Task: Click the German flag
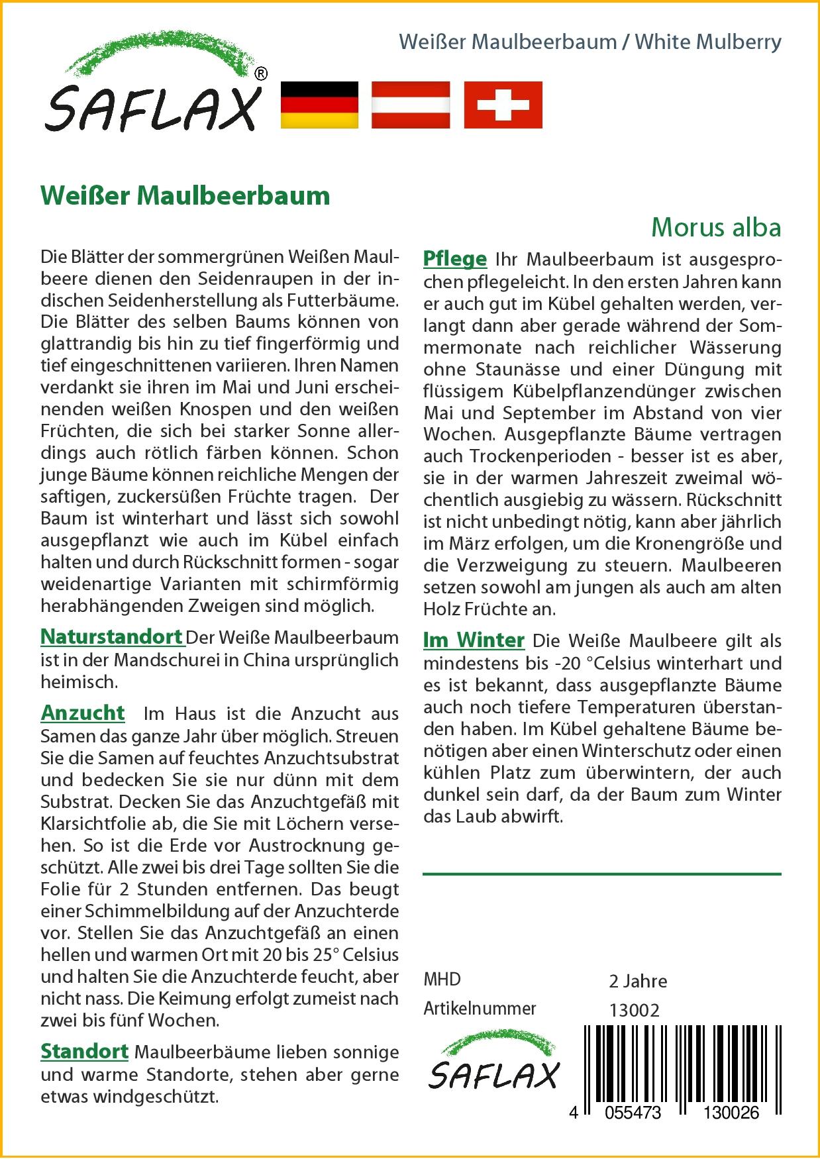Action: [x=319, y=105]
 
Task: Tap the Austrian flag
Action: [x=411, y=105]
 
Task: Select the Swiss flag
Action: [x=503, y=105]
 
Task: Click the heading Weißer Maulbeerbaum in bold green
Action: [x=185, y=196]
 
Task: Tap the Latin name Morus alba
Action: [x=716, y=227]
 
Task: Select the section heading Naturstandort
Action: [x=111, y=637]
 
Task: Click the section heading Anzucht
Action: [x=83, y=713]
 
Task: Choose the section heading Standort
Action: [x=84, y=1052]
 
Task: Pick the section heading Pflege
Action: [x=454, y=259]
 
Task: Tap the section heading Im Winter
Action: [x=474, y=640]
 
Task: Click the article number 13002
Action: [x=635, y=1010]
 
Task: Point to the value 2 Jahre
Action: [x=638, y=981]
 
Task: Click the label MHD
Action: [x=442, y=980]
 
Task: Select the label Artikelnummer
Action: [x=480, y=1009]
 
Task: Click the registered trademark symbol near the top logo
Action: [x=261, y=74]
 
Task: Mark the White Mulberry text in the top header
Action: [x=708, y=42]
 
